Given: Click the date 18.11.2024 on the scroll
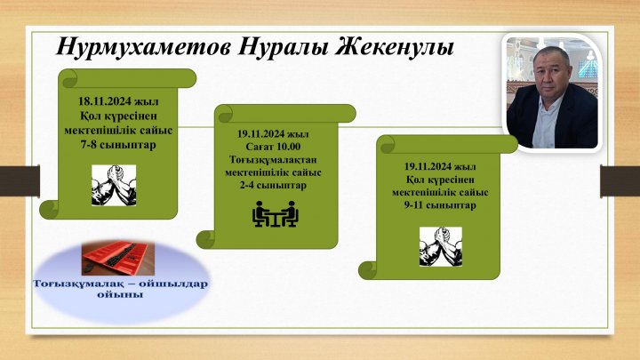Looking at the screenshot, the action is (105, 101).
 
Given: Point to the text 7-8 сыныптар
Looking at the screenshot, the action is (118, 145).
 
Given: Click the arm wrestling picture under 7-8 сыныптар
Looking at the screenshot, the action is (114, 185).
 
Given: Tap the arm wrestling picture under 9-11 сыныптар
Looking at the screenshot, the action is (441, 246).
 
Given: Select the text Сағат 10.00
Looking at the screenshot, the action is (273, 147).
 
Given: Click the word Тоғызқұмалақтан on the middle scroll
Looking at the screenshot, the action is (273, 159).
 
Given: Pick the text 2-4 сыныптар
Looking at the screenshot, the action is (273, 185).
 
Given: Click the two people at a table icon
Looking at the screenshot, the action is (275, 214).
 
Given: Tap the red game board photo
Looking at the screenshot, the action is (118, 258).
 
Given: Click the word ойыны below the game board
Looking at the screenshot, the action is (120, 294).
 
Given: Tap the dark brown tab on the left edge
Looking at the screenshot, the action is (20, 180).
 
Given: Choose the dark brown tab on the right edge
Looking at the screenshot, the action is (620, 180).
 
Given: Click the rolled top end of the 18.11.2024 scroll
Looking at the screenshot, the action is (127, 78).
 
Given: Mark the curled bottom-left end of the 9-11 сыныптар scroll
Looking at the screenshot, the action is (368, 270).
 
